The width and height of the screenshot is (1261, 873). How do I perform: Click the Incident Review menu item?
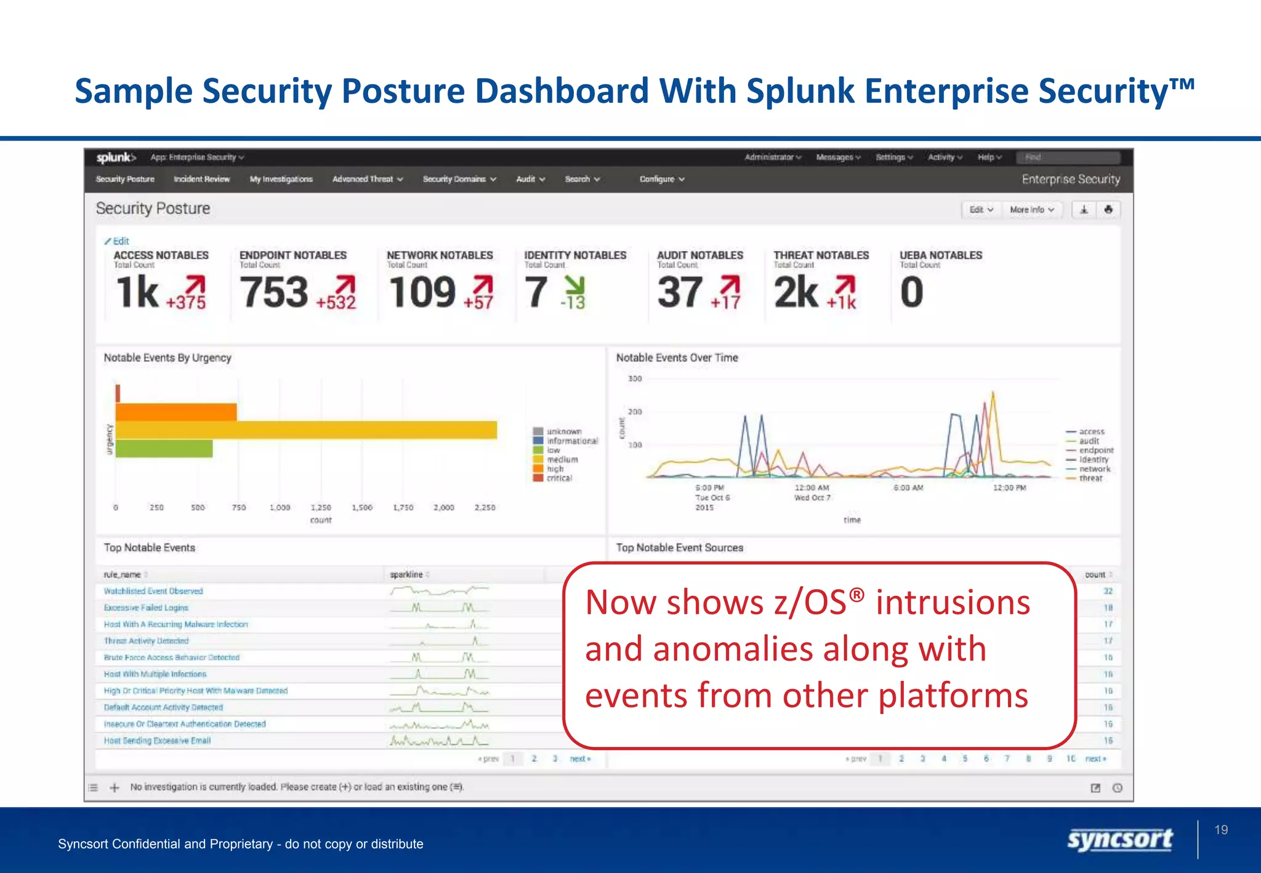click(x=201, y=179)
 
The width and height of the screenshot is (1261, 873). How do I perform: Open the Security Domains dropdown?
click(x=459, y=179)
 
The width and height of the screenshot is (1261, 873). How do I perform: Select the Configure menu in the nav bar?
click(x=661, y=179)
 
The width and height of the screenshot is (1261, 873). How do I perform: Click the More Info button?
click(x=1031, y=210)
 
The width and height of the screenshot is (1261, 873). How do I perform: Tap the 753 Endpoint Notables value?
click(x=274, y=292)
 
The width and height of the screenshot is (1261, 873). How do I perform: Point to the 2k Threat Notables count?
click(x=796, y=292)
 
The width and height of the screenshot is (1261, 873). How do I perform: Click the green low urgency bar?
click(x=164, y=449)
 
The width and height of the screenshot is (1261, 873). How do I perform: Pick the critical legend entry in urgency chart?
click(x=558, y=478)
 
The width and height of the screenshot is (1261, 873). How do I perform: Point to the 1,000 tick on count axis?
click(x=280, y=508)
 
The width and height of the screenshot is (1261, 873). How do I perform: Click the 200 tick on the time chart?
click(x=635, y=412)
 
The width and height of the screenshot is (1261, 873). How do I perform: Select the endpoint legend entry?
click(x=1096, y=450)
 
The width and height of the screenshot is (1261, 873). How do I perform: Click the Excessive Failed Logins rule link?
click(x=146, y=608)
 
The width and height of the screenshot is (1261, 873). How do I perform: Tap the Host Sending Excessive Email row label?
click(x=157, y=741)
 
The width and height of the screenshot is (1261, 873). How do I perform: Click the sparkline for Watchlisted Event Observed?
click(x=439, y=591)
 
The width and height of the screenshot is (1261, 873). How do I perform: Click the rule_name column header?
click(x=123, y=574)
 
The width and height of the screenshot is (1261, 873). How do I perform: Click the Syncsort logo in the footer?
click(x=1119, y=840)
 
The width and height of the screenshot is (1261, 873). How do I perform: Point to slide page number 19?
click(x=1221, y=830)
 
